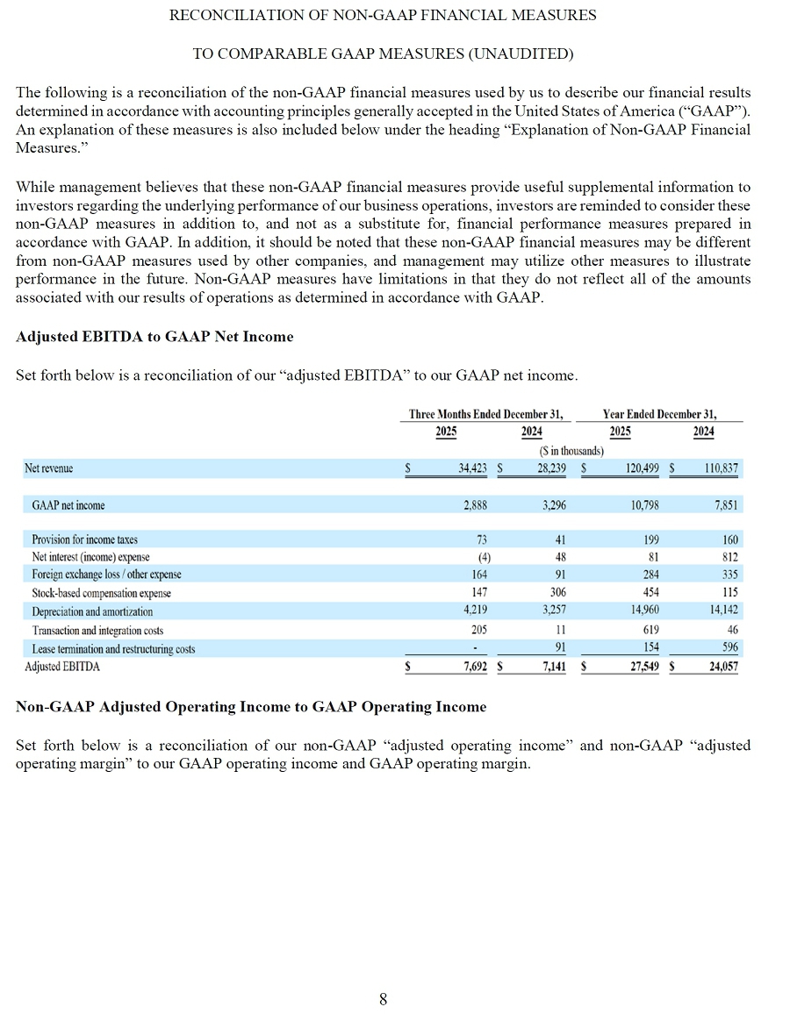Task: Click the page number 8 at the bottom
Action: point(383,998)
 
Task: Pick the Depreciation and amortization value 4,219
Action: point(473,611)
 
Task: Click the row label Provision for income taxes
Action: point(84,539)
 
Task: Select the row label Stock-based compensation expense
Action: point(101,593)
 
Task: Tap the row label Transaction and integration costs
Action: point(97,630)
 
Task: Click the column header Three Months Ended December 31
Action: point(486,414)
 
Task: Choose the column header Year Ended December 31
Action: point(659,414)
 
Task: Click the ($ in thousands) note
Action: point(571,451)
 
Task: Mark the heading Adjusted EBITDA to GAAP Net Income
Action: point(154,337)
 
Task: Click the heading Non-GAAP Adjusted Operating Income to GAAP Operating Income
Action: point(251,706)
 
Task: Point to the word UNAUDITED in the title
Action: point(520,54)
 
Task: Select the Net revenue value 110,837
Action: point(721,468)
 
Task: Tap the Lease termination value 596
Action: point(729,648)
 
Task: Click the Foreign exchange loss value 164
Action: point(479,575)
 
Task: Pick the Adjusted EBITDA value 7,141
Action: point(551,667)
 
